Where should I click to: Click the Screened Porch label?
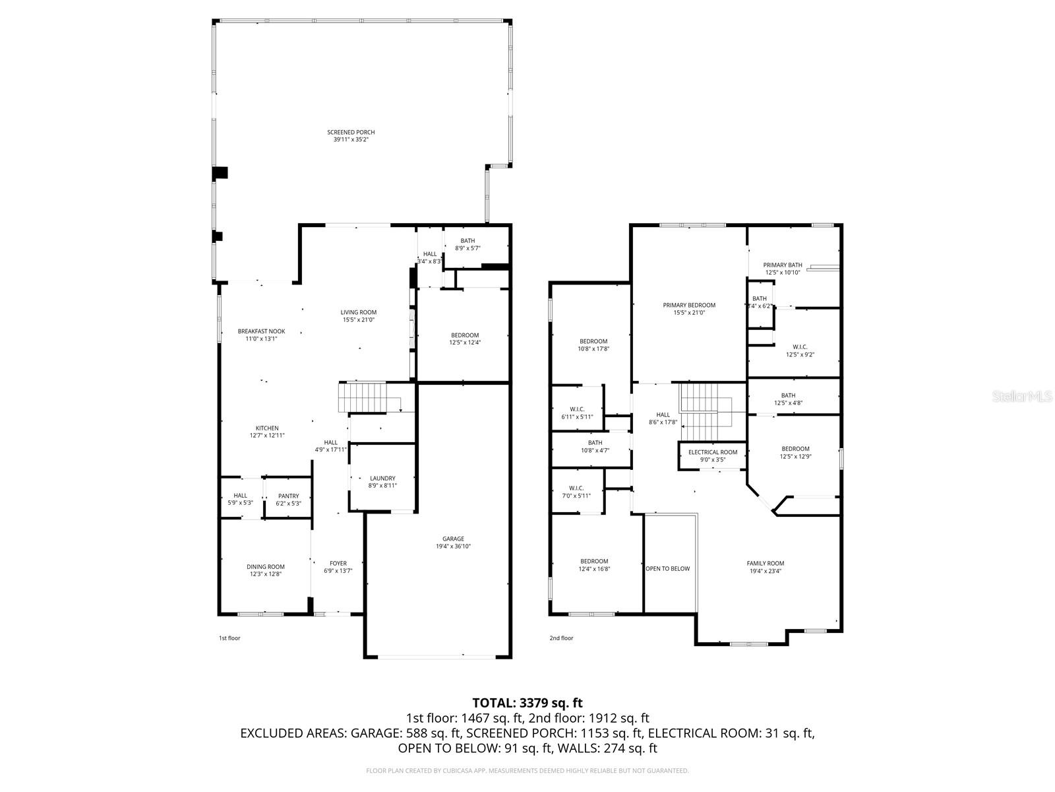coord(351,133)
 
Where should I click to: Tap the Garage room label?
coord(453,539)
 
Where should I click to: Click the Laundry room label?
coord(382,478)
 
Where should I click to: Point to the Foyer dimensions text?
coord(338,571)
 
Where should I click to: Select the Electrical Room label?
coord(712,452)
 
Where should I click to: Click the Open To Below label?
coord(667,568)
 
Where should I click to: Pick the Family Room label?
coord(765,564)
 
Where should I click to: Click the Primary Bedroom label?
coord(689,306)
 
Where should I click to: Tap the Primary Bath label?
coord(783,265)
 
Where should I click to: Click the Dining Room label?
coord(266,567)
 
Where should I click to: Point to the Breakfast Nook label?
coord(261,331)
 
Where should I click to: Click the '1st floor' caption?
coord(229,638)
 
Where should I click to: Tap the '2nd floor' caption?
coord(561,638)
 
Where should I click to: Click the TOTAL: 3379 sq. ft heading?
coord(527,703)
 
